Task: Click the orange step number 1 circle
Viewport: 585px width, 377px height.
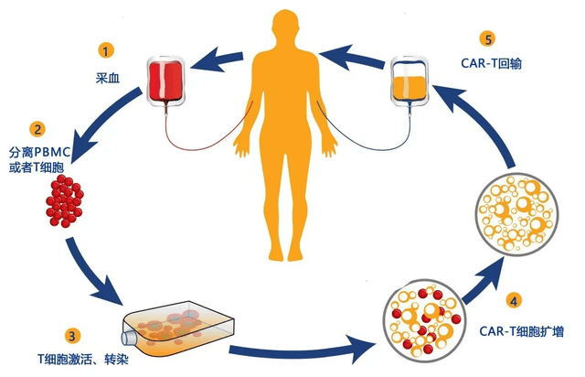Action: pos(106,50)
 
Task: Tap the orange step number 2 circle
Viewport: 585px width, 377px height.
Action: pos(37,129)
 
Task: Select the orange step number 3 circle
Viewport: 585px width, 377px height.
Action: pos(72,335)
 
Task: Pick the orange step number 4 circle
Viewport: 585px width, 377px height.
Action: pos(514,301)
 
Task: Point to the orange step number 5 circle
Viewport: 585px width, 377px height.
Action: pos(488,38)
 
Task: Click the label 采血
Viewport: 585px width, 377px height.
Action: pos(108,78)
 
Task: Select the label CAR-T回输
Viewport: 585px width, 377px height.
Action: pos(491,63)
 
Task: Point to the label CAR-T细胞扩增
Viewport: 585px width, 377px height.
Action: pos(521,331)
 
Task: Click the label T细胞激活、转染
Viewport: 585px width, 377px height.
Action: pos(83,359)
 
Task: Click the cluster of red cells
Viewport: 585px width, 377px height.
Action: pos(65,200)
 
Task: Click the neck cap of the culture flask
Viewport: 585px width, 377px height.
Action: pos(129,339)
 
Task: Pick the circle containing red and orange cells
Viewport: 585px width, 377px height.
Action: pos(424,320)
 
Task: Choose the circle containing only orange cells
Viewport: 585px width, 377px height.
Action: pos(518,214)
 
